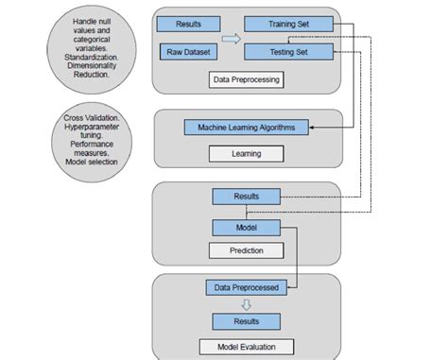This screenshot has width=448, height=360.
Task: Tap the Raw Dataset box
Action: (x=189, y=53)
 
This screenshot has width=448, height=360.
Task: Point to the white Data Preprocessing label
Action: (x=246, y=80)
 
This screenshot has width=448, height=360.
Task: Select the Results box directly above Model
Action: (x=247, y=197)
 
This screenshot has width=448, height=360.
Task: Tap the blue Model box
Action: (x=246, y=228)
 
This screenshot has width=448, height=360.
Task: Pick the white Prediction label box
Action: (x=246, y=251)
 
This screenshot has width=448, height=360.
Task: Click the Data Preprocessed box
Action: (x=246, y=286)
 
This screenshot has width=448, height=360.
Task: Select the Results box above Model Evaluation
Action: (x=247, y=321)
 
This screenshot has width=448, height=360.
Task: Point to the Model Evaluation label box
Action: (x=246, y=346)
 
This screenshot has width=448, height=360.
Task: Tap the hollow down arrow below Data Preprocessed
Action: (x=246, y=304)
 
